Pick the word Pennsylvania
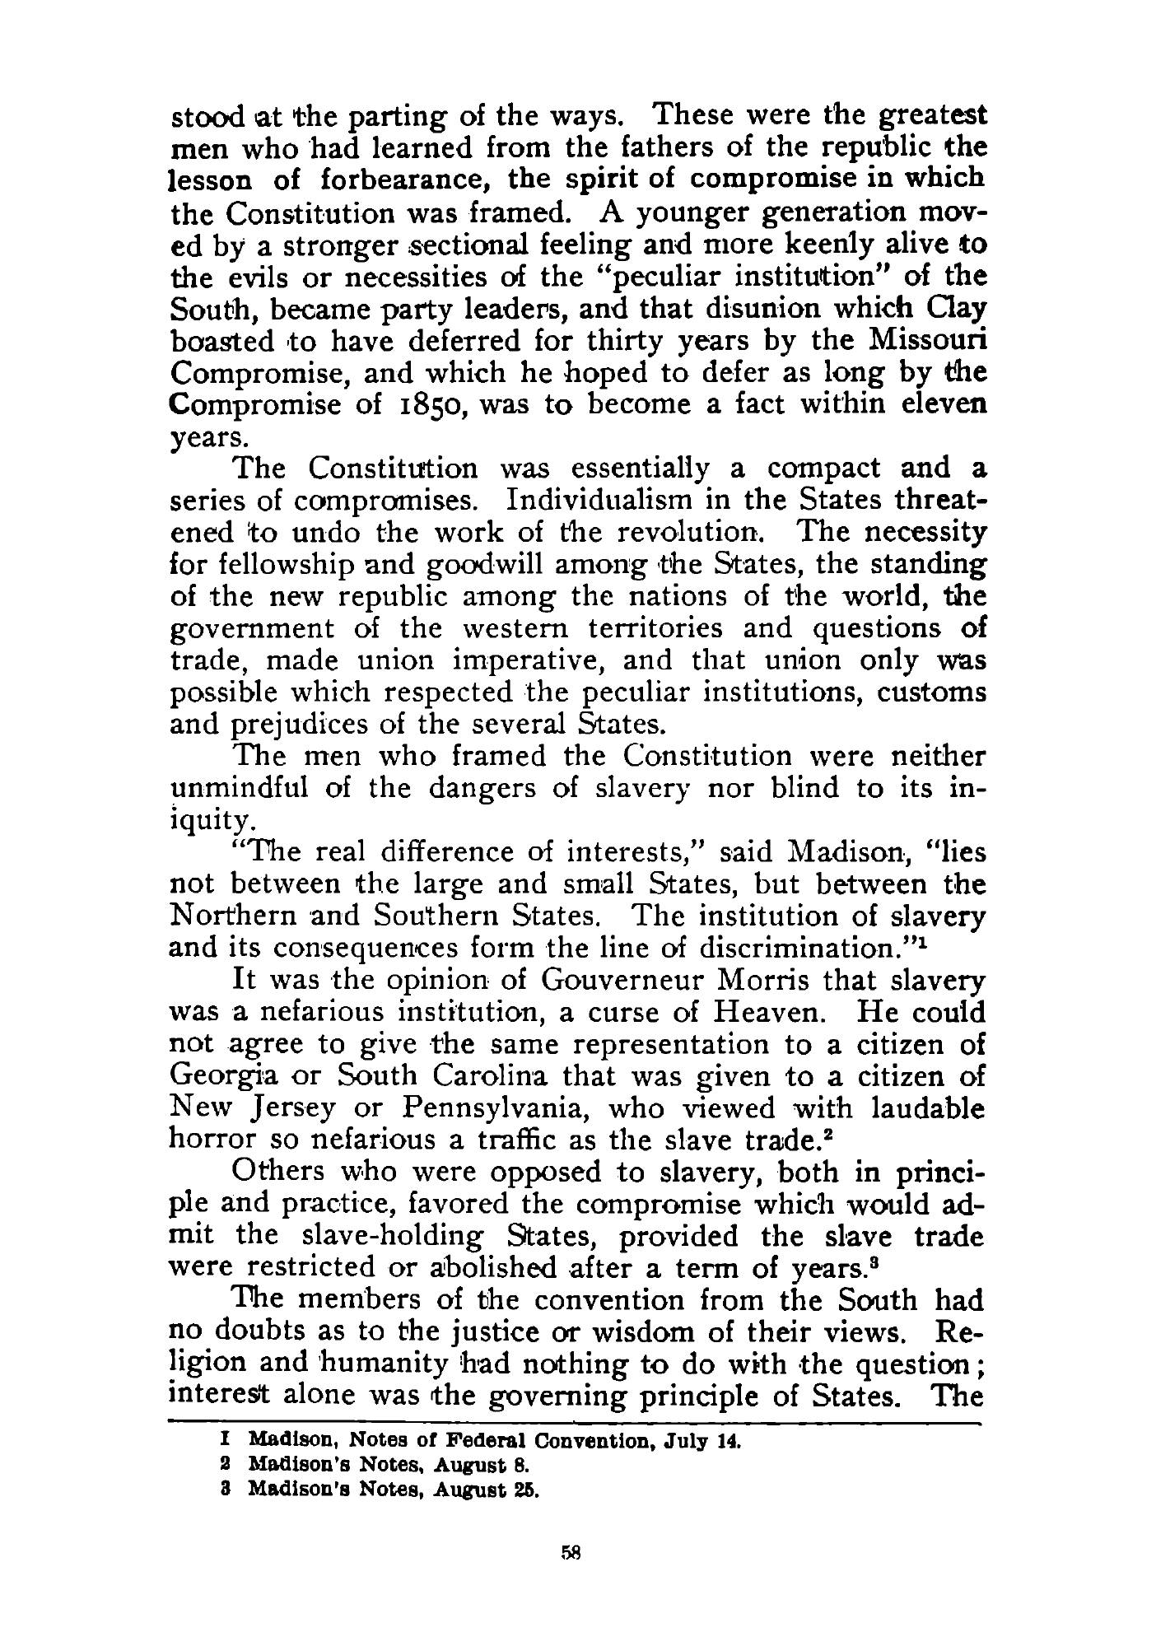click(x=494, y=1108)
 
